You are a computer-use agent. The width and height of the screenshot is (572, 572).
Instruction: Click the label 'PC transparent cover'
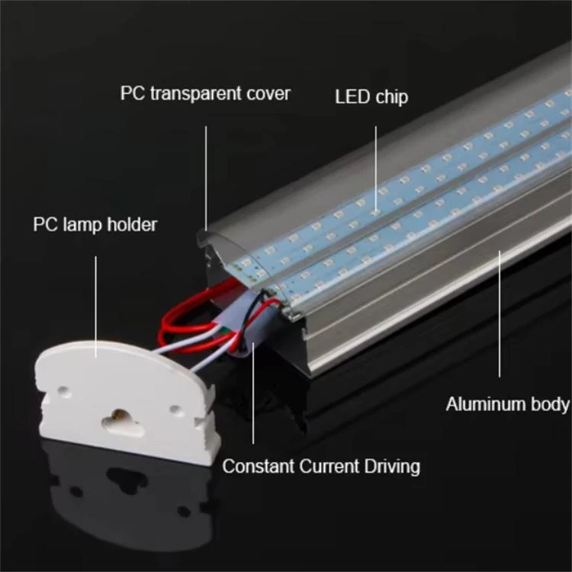205,93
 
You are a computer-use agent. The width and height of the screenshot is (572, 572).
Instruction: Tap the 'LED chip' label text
371,97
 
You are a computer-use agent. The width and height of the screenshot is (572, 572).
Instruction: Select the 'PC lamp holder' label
95,224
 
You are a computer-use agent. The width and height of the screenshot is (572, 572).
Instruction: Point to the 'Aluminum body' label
507,404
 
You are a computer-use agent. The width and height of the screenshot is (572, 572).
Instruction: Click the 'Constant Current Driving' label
321,467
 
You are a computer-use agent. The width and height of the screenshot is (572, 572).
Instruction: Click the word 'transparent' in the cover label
196,93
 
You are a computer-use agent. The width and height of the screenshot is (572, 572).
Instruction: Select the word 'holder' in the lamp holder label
132,224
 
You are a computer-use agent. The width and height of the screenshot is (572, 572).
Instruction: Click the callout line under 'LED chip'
376,169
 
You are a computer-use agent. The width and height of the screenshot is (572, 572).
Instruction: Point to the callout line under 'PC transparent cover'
206,178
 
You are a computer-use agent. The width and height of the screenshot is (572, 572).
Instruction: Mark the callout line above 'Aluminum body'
500,313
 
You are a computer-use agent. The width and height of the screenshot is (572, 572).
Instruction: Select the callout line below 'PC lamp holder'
96,307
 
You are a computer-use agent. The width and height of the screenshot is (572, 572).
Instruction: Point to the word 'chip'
391,98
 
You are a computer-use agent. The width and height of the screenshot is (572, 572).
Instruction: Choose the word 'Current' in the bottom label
329,467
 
